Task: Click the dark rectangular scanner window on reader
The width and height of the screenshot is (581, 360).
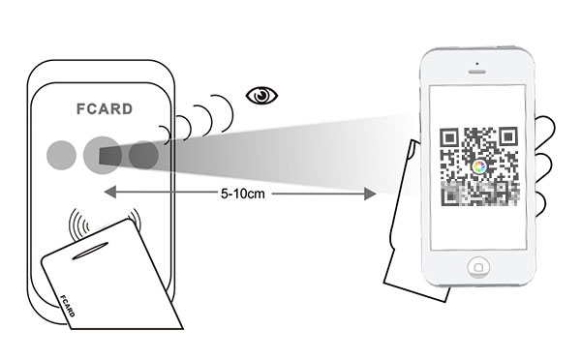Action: [x=109, y=156]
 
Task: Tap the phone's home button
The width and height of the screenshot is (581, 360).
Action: [x=477, y=266]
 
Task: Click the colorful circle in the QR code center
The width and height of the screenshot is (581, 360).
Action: [x=478, y=166]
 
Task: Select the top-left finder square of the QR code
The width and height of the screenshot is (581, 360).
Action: [x=451, y=137]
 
